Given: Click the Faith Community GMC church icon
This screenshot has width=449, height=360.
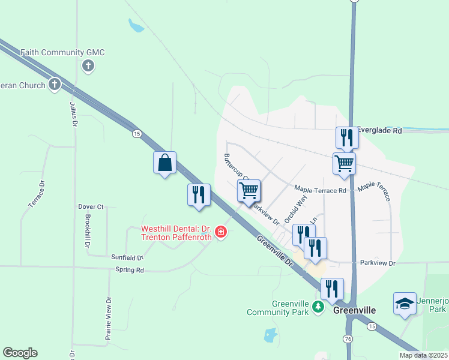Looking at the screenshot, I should tap(88, 65).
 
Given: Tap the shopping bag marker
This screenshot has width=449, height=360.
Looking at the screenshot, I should tap(164, 163).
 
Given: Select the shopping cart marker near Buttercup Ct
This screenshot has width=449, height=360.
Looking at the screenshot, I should tap(249, 191).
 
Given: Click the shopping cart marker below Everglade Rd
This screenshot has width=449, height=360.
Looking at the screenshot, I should tap(344, 163).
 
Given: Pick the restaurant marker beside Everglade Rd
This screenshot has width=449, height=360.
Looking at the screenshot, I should tap(346, 139).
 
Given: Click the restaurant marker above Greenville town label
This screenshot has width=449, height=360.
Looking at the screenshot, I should tap(332, 290).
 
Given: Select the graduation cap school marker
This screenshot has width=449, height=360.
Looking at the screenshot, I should tap(405, 304).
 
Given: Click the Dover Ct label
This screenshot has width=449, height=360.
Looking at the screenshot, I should tap(91, 206).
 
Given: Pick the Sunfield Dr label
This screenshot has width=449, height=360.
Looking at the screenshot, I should tap(127, 257).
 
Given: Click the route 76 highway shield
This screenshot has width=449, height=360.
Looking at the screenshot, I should tap(349, 340).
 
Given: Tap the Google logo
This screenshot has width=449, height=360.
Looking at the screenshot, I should tap(20, 353).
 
